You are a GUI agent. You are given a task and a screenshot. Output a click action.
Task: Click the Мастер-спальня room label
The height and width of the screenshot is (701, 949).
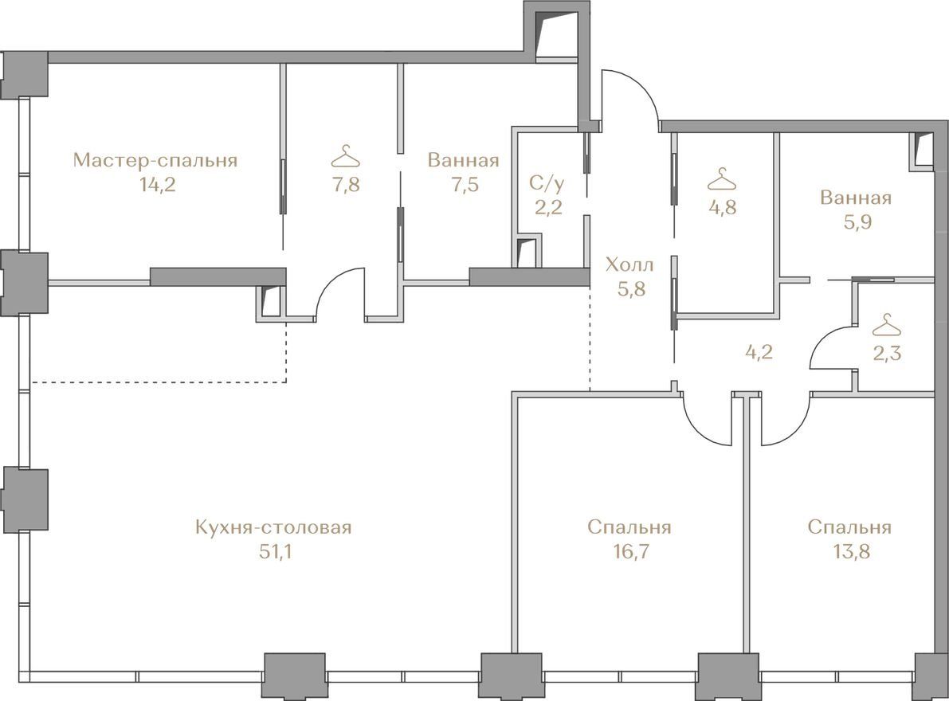click(155, 160)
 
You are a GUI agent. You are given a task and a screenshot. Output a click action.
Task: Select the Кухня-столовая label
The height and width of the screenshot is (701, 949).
click(273, 527)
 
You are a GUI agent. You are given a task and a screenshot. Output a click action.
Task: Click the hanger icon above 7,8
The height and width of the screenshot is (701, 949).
click(346, 157)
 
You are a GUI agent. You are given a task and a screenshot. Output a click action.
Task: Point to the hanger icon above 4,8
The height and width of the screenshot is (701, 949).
click(722, 179)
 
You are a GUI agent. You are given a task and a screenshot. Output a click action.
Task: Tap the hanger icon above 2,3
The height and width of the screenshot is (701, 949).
click(887, 325)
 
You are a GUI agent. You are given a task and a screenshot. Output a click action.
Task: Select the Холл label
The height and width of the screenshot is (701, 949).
click(629, 264)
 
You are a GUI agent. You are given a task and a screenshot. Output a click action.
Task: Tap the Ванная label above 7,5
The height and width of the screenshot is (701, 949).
click(463, 160)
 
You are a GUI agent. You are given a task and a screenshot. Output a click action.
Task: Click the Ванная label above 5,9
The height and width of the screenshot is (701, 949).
click(856, 198)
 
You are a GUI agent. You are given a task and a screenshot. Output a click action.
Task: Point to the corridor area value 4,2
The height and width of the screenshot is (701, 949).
click(759, 352)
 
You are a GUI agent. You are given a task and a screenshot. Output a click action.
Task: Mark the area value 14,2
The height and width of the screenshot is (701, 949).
click(157, 185)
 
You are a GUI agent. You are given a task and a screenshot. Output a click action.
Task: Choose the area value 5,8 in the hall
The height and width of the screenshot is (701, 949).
click(631, 288)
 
